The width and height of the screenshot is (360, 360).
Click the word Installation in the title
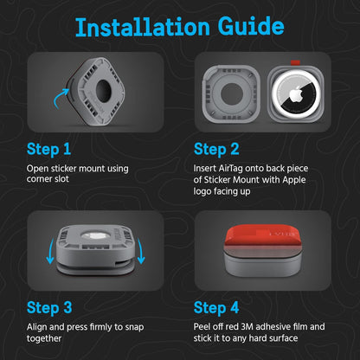(x=143, y=27)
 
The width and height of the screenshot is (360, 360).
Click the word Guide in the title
(x=251, y=26)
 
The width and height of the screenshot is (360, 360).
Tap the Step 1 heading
(x=48, y=150)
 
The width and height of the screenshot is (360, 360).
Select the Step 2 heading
(x=216, y=150)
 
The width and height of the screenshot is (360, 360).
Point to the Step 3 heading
(x=49, y=308)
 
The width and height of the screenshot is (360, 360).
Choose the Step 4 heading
(x=216, y=308)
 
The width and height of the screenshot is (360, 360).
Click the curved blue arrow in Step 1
(x=60, y=98)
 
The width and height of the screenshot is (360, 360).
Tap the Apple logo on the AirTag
(x=295, y=95)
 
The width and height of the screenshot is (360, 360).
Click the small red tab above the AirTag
(x=295, y=62)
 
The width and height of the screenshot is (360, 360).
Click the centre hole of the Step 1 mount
(x=103, y=90)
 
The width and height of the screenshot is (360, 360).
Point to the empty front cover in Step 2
(x=231, y=93)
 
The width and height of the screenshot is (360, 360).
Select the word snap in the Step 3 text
(x=134, y=328)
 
